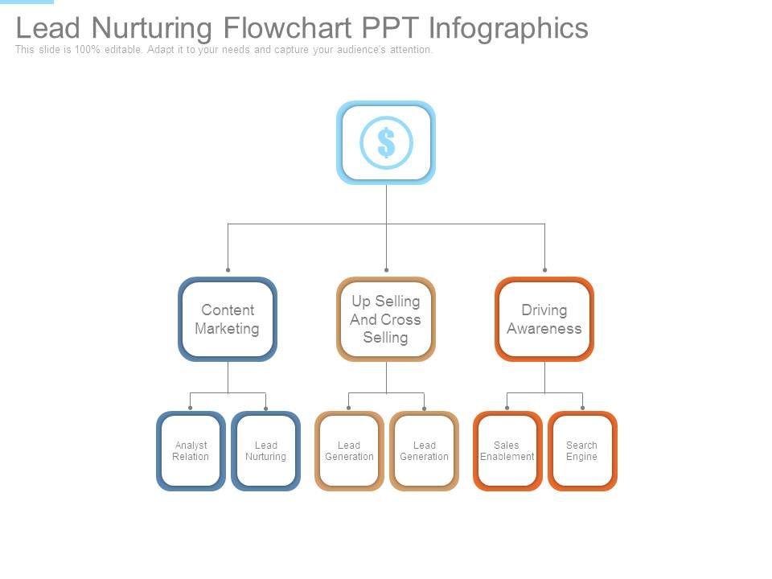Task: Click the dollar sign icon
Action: pyautogui.click(x=386, y=142)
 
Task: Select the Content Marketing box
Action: pyautogui.click(x=228, y=319)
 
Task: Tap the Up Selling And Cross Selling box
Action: pyautogui.click(x=386, y=319)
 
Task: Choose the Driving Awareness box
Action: pyautogui.click(x=544, y=319)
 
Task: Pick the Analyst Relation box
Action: pyautogui.click(x=191, y=451)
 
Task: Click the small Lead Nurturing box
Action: pyautogui.click(x=265, y=451)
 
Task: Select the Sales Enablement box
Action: pyautogui.click(x=507, y=451)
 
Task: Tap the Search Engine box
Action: pyautogui.click(x=581, y=451)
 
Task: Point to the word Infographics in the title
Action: pyautogui.click(x=508, y=28)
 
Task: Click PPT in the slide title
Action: pyautogui.click(x=390, y=28)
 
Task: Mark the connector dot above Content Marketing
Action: pyautogui.click(x=228, y=270)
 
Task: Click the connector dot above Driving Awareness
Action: pyautogui.click(x=544, y=270)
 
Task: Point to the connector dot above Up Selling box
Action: pyautogui.click(x=386, y=270)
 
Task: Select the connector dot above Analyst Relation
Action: pyautogui.click(x=190, y=409)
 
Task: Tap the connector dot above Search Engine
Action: pyautogui.click(x=582, y=409)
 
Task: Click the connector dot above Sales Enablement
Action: pyautogui.click(x=507, y=409)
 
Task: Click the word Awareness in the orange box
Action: pyautogui.click(x=544, y=329)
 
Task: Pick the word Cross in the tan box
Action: pyautogui.click(x=401, y=319)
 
